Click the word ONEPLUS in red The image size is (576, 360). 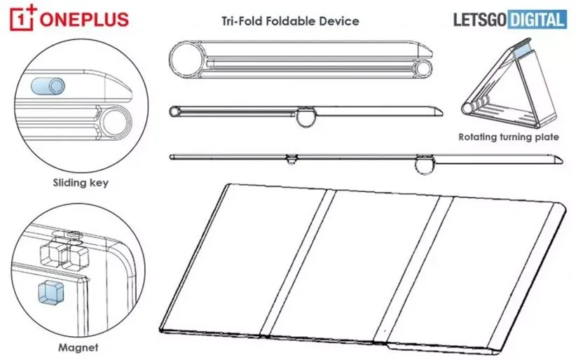84,20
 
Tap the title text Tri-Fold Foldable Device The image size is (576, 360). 290,21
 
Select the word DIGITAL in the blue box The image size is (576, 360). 537,19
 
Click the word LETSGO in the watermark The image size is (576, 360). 480,20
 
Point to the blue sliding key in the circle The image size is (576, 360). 48,86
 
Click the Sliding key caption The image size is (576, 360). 81,183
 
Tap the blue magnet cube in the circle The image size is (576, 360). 50,292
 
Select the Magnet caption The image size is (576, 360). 78,347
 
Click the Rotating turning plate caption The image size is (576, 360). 509,137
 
